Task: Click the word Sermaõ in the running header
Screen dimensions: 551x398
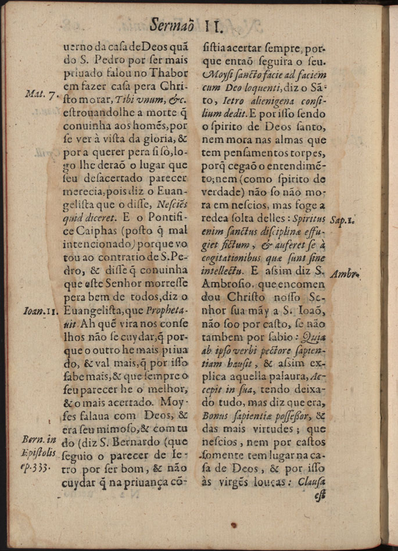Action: tap(173, 24)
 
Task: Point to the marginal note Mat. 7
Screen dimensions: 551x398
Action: tap(42, 94)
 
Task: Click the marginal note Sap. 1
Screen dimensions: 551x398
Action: tap(345, 221)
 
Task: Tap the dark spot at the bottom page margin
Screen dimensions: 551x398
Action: tap(234, 525)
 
